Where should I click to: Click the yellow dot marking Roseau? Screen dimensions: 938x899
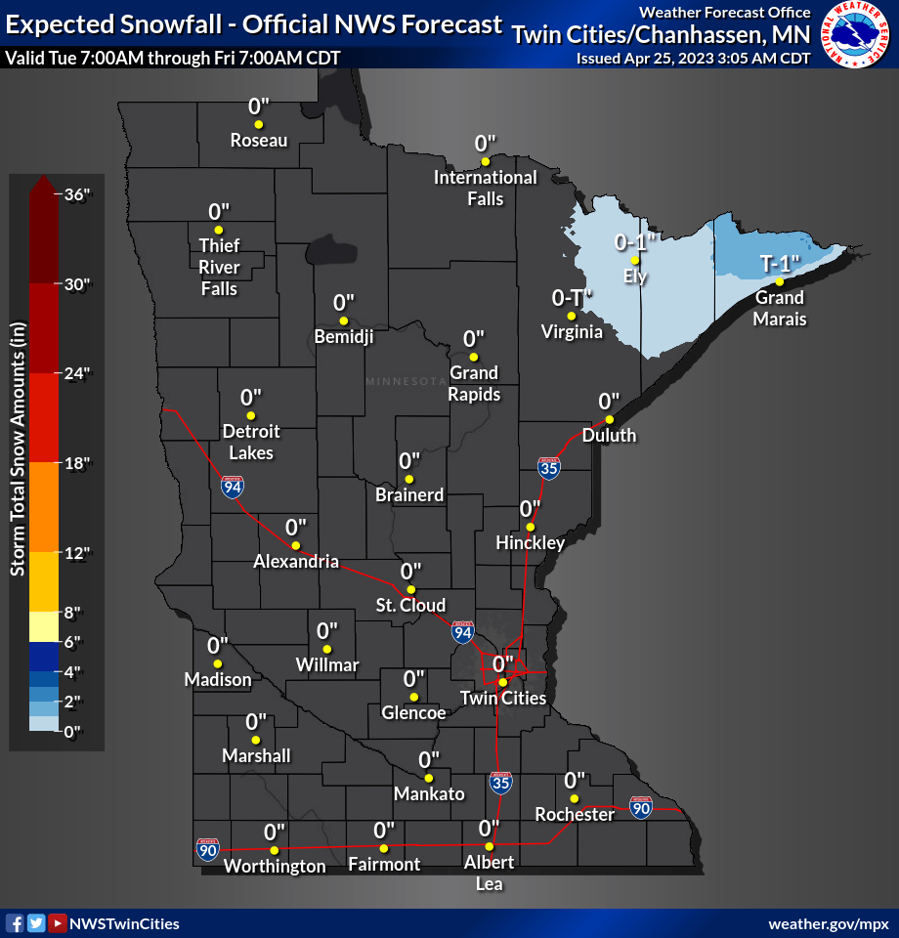coord(258,125)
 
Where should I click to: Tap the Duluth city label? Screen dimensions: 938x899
coord(609,435)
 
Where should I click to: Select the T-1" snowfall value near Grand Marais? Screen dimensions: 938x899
coord(780,263)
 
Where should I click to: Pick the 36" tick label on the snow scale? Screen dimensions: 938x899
coord(74,194)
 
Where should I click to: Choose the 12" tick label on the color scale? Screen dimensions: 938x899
coord(74,552)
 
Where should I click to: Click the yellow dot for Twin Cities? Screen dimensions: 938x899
coord(502,682)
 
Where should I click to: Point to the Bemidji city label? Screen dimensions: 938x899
coord(344,337)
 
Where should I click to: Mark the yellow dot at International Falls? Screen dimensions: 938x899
coord(485,160)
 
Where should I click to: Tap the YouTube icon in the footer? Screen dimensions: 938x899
coord(58,923)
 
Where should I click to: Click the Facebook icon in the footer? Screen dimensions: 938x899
coord(15,923)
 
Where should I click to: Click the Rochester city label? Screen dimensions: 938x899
coord(575,814)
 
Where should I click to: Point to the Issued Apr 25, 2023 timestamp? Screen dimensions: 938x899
coord(693,58)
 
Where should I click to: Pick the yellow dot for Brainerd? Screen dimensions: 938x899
coord(409,479)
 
